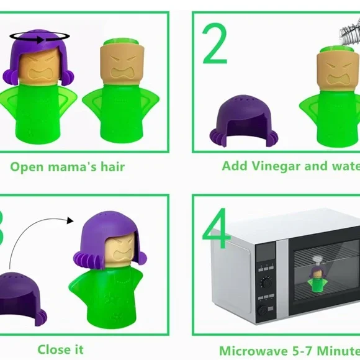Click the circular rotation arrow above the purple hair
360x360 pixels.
(38, 39)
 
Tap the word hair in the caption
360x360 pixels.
(109, 166)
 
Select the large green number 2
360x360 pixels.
(215, 44)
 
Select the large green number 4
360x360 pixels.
(217, 230)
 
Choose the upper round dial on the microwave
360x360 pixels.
(266, 282)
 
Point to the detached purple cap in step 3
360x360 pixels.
(21, 291)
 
